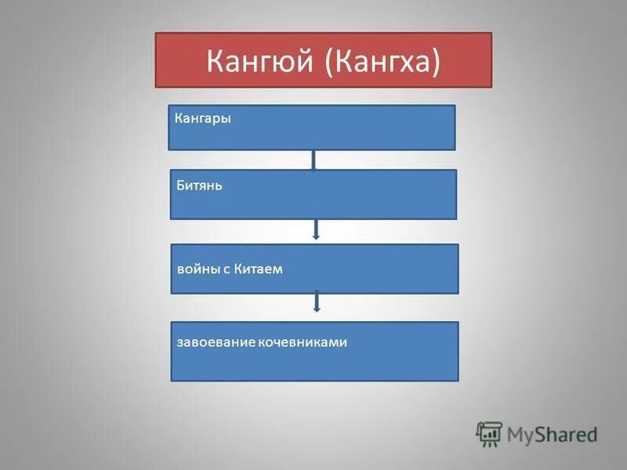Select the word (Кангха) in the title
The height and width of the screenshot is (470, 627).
coord(380,60)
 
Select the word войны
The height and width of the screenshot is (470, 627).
coord(198,269)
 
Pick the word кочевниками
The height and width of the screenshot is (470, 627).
coord(302,342)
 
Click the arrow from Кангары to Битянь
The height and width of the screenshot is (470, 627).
coord(313,160)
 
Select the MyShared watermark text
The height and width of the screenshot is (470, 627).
coord(552,434)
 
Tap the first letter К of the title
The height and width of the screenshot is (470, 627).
coord(216,60)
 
